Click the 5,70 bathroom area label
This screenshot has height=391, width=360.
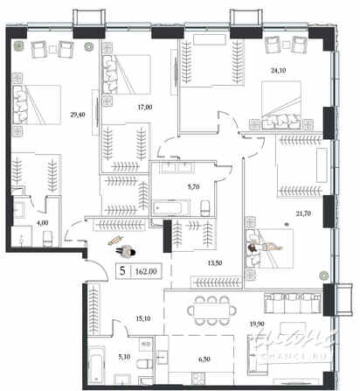point(172,185)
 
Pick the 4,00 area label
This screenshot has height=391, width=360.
point(41,223)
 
